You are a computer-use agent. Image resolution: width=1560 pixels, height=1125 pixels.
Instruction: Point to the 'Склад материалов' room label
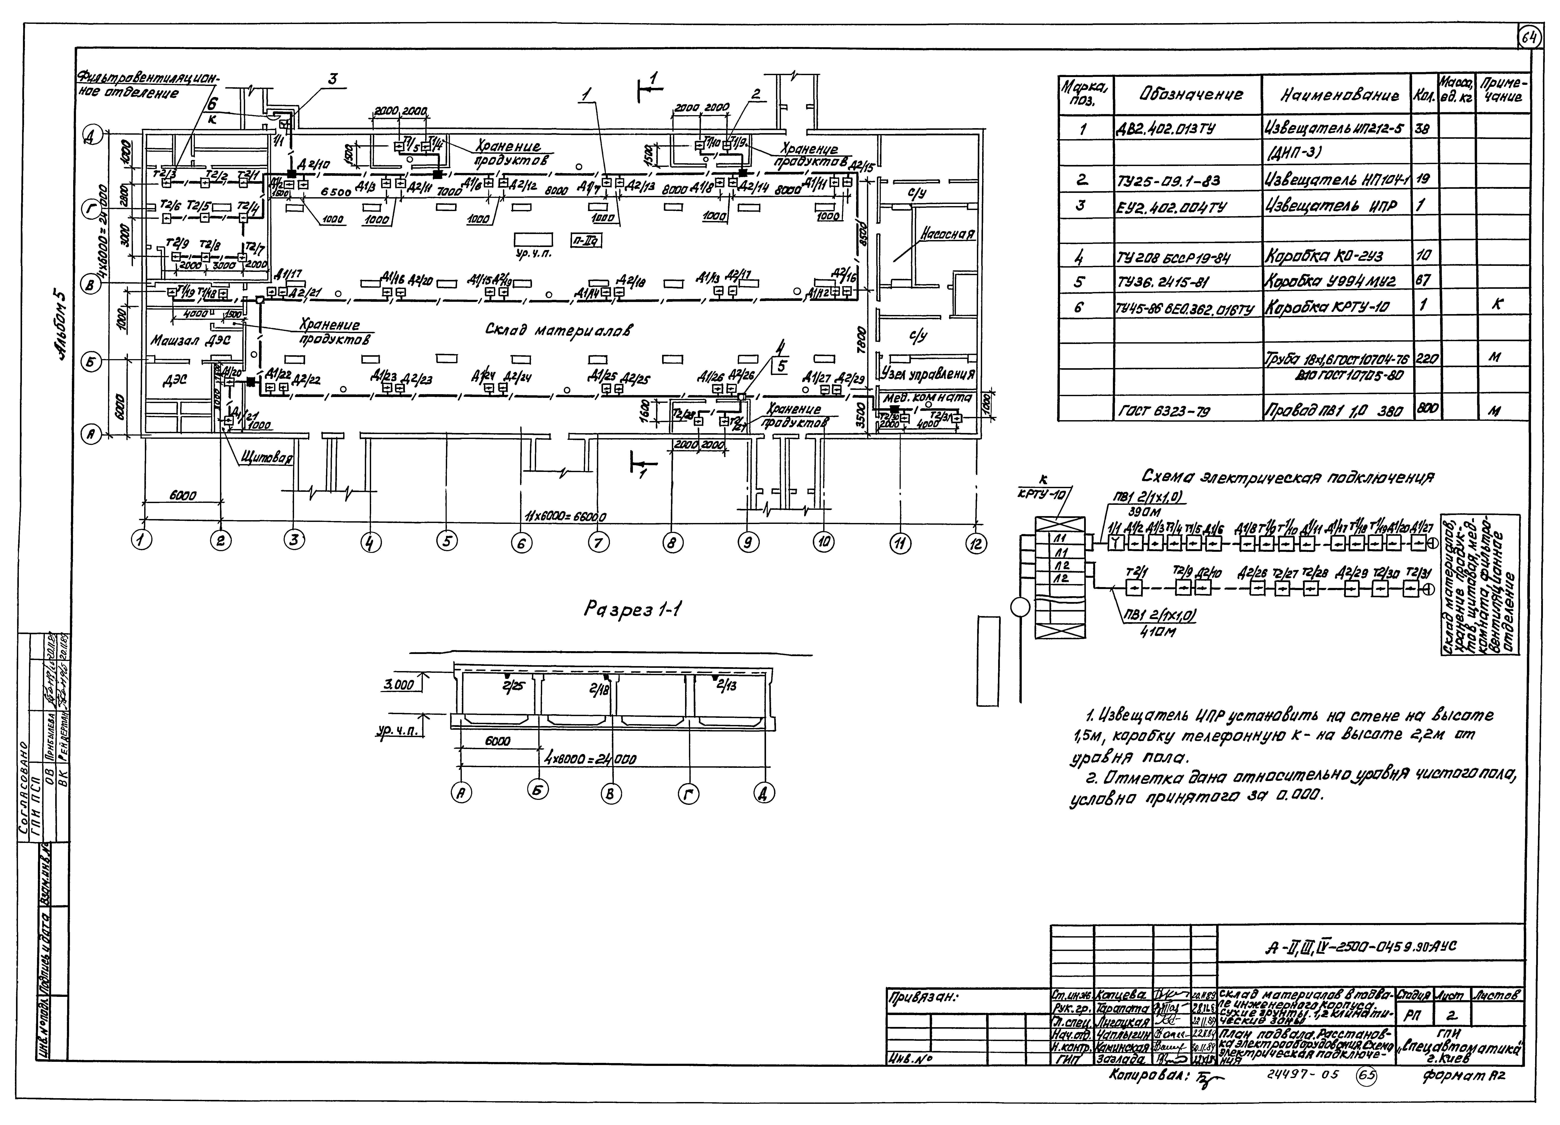[x=559, y=330]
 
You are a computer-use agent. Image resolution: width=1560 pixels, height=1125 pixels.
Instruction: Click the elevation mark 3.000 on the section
[x=399, y=686]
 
